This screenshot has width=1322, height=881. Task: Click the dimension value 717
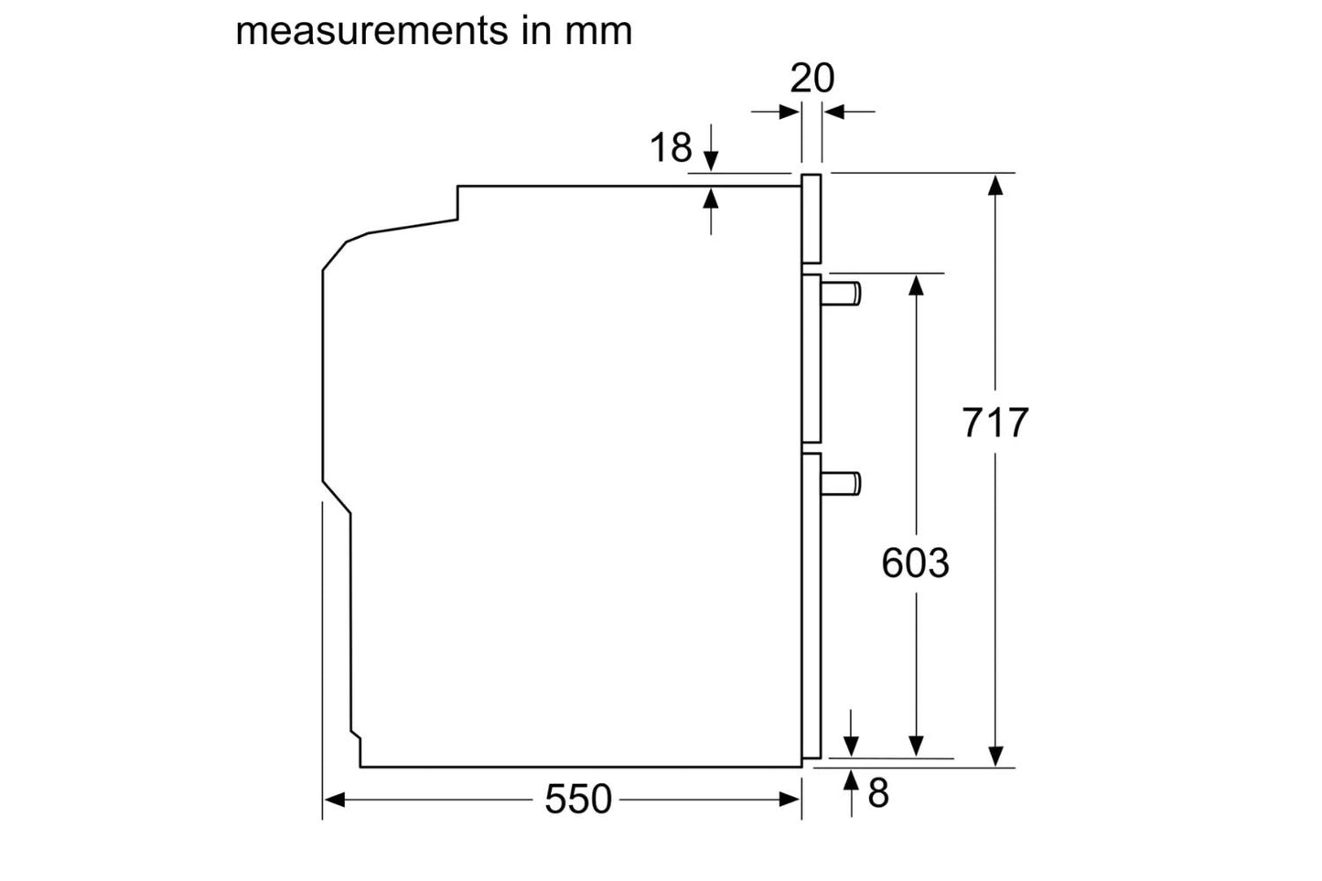(994, 423)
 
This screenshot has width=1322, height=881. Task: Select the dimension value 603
(914, 563)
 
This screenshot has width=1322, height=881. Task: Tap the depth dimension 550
(577, 799)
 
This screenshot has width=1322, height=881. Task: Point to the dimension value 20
(811, 79)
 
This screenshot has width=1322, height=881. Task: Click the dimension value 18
(671, 148)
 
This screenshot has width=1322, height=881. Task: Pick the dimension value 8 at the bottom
(877, 793)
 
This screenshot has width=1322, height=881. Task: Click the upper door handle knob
(841, 293)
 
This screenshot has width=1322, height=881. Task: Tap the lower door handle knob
(841, 483)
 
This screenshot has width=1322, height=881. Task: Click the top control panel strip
(811, 219)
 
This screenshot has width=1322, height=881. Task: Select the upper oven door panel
(811, 359)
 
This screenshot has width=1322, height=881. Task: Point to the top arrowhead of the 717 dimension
(995, 183)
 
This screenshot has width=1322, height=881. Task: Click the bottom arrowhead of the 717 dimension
(995, 756)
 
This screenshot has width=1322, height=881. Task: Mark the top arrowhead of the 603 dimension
(916, 284)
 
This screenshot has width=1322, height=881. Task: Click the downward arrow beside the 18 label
(712, 161)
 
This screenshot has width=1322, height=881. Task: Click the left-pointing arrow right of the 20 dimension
(833, 112)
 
